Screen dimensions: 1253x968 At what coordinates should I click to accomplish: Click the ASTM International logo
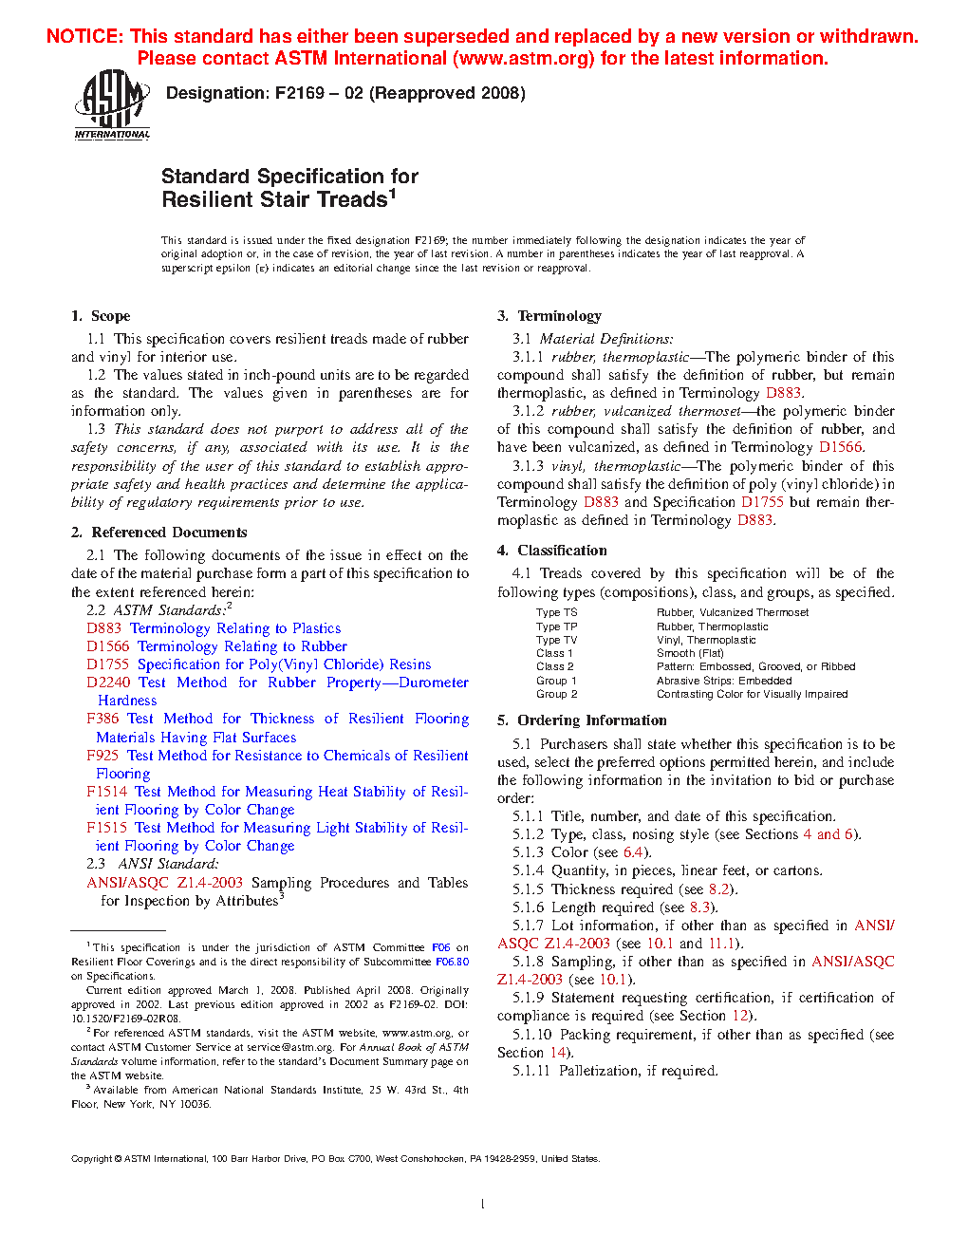click(x=112, y=104)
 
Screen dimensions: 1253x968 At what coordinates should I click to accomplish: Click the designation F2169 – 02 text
click(x=345, y=93)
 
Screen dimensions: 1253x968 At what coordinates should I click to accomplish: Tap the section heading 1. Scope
click(x=101, y=316)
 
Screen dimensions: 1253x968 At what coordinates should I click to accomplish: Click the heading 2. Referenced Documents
click(x=158, y=533)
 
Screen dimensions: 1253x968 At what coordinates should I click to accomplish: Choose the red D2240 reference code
click(x=107, y=683)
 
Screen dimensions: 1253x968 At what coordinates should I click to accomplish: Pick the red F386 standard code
click(x=102, y=719)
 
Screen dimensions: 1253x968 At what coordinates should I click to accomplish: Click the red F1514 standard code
click(x=106, y=792)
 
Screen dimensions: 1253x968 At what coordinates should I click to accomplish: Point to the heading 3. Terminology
click(x=549, y=316)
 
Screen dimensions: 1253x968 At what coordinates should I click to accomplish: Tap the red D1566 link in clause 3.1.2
click(x=840, y=447)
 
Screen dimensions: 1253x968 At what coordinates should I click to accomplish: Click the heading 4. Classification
click(x=552, y=551)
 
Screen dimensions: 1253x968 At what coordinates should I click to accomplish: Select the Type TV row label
click(x=556, y=640)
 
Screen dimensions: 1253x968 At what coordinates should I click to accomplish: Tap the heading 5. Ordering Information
click(x=582, y=720)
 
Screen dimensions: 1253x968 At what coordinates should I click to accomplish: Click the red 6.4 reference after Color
click(x=633, y=852)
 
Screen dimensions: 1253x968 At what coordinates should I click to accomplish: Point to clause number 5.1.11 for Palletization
click(x=531, y=1071)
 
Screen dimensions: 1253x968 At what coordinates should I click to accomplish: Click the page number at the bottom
click(x=483, y=1205)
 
